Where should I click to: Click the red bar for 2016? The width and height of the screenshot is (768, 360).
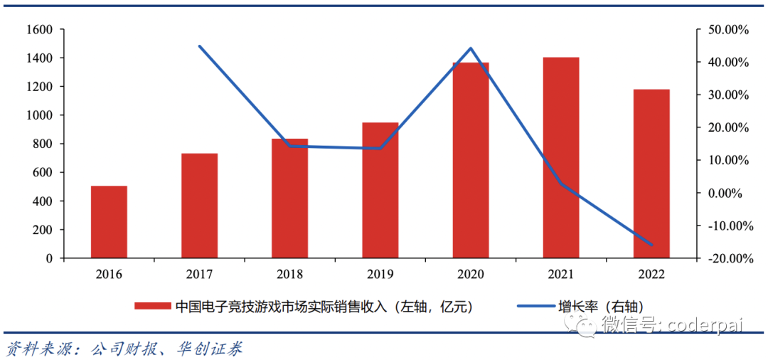pyautogui.click(x=109, y=222)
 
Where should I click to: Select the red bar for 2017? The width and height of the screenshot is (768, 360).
pyautogui.click(x=199, y=206)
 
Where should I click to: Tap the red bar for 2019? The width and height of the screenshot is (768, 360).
pyautogui.click(x=380, y=190)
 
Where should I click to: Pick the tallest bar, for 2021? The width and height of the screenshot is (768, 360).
pyautogui.click(x=561, y=157)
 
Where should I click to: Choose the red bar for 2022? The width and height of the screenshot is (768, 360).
pyautogui.click(x=651, y=174)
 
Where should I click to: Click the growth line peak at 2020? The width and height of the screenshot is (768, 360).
pyautogui.click(x=471, y=48)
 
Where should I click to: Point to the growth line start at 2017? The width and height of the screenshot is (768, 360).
pyautogui.click(x=199, y=46)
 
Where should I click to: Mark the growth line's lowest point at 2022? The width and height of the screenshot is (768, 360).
pyautogui.click(x=651, y=245)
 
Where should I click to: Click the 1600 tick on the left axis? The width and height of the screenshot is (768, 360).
pyautogui.click(x=39, y=29)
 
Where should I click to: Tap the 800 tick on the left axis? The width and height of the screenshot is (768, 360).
pyautogui.click(x=42, y=144)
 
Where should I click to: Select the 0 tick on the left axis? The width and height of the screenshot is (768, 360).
pyautogui.click(x=50, y=258)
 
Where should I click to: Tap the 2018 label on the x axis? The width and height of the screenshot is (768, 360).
pyautogui.click(x=290, y=274)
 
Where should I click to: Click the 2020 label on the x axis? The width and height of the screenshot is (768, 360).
pyautogui.click(x=471, y=274)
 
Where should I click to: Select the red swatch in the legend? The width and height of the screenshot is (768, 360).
pyautogui.click(x=154, y=307)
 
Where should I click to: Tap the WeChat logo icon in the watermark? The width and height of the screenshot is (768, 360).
pyautogui.click(x=587, y=327)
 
